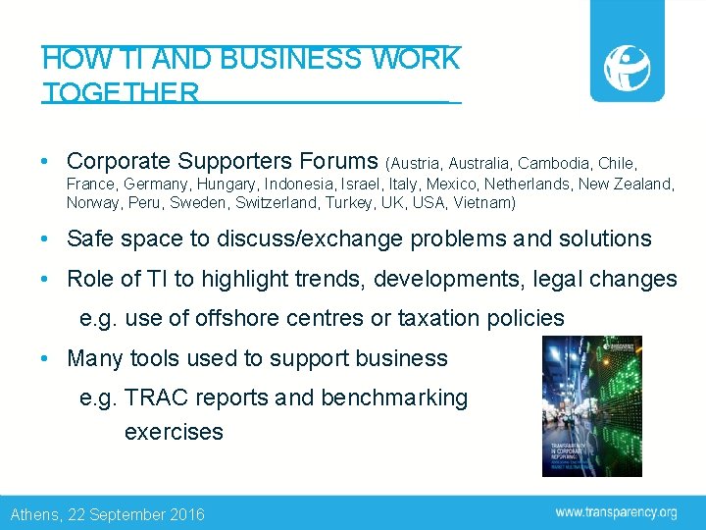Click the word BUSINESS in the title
pyautogui.click(x=290, y=59)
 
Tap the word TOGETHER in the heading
pyautogui.click(x=121, y=93)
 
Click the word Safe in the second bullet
pyautogui.click(x=89, y=238)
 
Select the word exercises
pyautogui.click(x=174, y=432)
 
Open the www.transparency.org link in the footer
pyautogui.click(x=616, y=512)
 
